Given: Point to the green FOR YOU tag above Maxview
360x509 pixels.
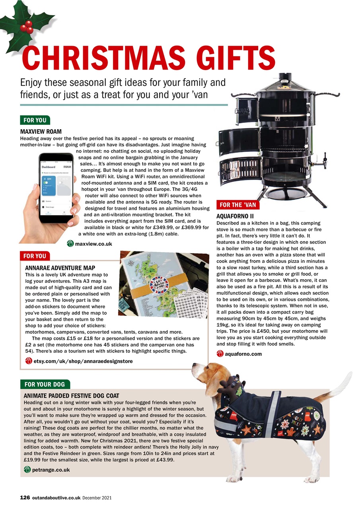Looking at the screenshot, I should coord(35,120).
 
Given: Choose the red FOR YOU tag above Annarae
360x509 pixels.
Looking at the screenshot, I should coord(35,256).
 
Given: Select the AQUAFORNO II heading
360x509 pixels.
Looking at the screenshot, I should coord(232,216).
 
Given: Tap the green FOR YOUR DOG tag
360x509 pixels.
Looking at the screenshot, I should coord(45,384).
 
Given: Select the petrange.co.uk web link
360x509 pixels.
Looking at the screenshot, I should coord(51,470).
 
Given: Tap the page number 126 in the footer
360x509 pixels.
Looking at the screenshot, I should coord(25,497).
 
